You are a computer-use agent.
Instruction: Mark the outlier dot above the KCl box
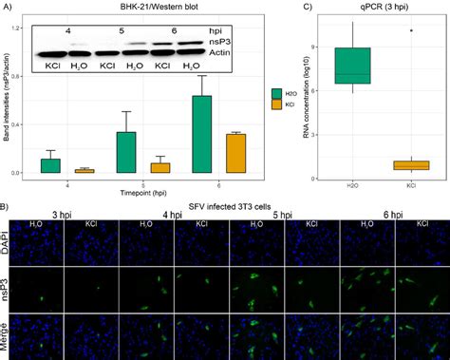pos(411,30)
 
